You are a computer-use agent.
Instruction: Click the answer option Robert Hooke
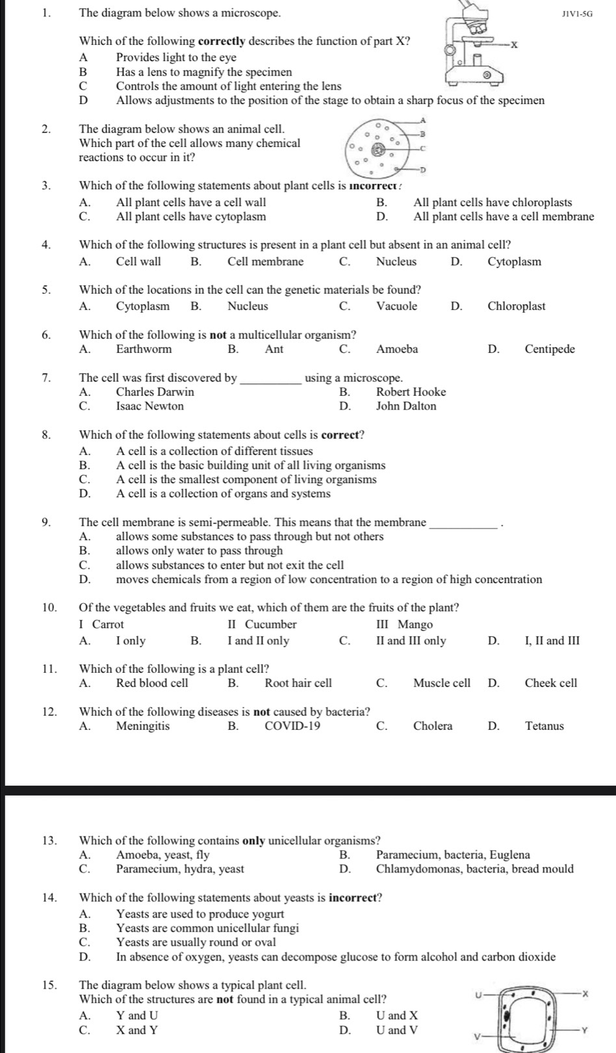[x=411, y=392]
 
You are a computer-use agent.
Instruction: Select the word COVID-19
[x=292, y=726]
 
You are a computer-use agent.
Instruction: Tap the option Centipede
[x=550, y=349]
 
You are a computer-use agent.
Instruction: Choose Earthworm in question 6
[x=144, y=349]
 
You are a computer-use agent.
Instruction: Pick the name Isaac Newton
[x=149, y=406]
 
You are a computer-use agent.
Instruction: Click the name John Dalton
[x=406, y=406]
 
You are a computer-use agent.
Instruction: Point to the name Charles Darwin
[x=155, y=392]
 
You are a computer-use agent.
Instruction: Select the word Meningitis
[x=142, y=726]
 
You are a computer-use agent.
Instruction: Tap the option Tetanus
[x=545, y=726]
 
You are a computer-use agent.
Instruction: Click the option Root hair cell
[x=298, y=683]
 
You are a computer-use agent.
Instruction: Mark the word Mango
[x=415, y=625]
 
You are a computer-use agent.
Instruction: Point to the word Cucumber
[x=270, y=625]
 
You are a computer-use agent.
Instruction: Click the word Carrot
[x=108, y=625]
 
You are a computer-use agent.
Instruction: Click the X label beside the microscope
[x=514, y=45]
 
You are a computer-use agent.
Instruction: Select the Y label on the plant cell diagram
[x=584, y=1030]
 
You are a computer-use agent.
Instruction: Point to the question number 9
[x=46, y=522]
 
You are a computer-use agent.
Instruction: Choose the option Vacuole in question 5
[x=396, y=306]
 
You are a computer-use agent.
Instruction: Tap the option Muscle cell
[x=441, y=683]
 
